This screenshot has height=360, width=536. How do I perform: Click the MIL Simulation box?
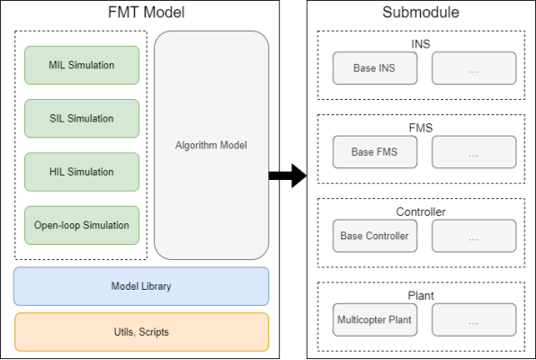[x=82, y=65]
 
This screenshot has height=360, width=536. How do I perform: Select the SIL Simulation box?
[x=82, y=119]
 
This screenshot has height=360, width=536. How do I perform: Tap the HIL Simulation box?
[x=82, y=172]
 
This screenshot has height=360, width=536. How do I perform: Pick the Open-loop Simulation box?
[x=82, y=225]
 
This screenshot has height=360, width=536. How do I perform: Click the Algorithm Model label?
[x=211, y=145]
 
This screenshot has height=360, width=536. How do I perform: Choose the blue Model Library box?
[x=141, y=286]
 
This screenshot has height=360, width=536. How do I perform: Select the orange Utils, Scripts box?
[x=141, y=332]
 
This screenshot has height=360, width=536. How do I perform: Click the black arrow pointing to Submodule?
[x=288, y=175]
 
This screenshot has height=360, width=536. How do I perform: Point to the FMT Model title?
[x=147, y=13]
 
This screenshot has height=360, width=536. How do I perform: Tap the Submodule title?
[x=421, y=13]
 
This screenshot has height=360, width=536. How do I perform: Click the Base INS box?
[x=375, y=68]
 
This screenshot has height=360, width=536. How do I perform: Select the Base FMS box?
[x=375, y=152]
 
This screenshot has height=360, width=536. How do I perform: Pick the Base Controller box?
[x=375, y=236]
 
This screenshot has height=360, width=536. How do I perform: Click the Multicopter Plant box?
[x=375, y=319]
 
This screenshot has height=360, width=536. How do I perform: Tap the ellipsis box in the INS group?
[x=474, y=68]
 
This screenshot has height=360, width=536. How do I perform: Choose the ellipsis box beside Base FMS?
[x=474, y=152]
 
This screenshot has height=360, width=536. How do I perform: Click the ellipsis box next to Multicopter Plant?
[x=474, y=319]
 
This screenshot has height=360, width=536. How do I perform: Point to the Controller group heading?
[x=421, y=211]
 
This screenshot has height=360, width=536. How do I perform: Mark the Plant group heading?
[x=421, y=296]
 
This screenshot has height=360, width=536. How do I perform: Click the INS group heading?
[x=421, y=44]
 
